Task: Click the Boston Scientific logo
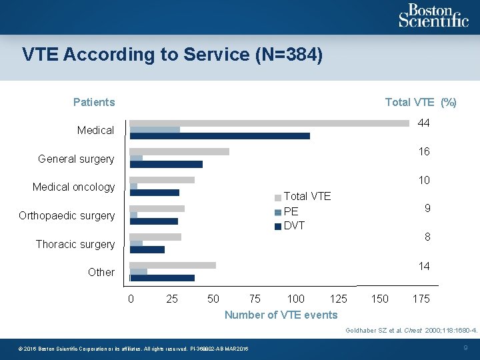[433, 16]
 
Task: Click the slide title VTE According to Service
[173, 55]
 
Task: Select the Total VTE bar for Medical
[269, 123]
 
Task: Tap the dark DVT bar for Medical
[219, 136]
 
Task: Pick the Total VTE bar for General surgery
[179, 151]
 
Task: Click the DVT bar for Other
[162, 278]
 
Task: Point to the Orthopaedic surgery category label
[67, 215]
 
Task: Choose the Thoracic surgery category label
[75, 244]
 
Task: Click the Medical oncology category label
[73, 187]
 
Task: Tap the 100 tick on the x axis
[295, 299]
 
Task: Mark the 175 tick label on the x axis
[421, 299]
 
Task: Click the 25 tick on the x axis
[172, 299]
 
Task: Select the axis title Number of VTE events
[281, 315]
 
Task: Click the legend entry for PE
[291, 211]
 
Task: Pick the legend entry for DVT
[294, 225]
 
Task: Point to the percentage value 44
[423, 123]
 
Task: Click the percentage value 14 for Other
[424, 266]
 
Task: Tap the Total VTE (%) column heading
[421, 102]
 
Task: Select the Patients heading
[94, 102]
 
